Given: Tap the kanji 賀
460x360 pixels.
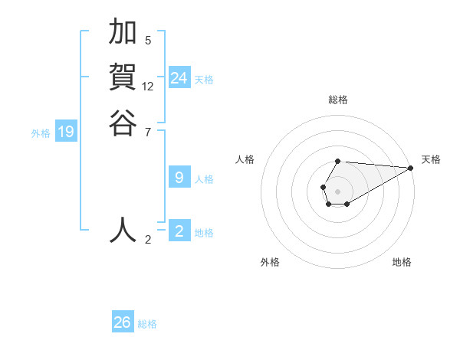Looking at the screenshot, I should pyautogui.click(x=123, y=77).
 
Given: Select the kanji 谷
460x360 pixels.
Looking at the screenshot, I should pyautogui.click(x=123, y=122).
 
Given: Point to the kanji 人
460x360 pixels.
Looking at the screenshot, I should pyautogui.click(x=123, y=229).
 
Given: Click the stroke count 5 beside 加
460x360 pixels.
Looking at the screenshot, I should pyautogui.click(x=148, y=41).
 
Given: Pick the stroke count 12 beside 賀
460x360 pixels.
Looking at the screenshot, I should pyautogui.click(x=148, y=87).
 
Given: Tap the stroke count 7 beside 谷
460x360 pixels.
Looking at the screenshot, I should pyautogui.click(x=148, y=132).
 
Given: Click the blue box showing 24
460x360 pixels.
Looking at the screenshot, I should pyautogui.click(x=179, y=78).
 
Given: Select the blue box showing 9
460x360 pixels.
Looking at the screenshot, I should pyautogui.click(x=179, y=178).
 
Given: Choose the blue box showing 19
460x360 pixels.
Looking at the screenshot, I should pyautogui.click(x=66, y=132).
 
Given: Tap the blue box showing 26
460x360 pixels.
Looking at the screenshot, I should pyautogui.click(x=123, y=322).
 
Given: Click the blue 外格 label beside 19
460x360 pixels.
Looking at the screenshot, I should pyautogui.click(x=41, y=133).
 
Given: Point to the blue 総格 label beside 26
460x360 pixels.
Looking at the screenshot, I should pyautogui.click(x=147, y=324).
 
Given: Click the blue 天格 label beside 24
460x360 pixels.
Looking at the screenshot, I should pyautogui.click(x=204, y=80).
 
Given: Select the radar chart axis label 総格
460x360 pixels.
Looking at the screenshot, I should pyautogui.click(x=338, y=100).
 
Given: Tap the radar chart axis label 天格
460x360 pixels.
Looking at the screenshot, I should pyautogui.click(x=431, y=159).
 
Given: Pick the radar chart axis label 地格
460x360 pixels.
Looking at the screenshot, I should pyautogui.click(x=402, y=262).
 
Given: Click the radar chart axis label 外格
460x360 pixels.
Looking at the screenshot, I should pyautogui.click(x=270, y=262).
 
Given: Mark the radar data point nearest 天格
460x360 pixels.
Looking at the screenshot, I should pyautogui.click(x=411, y=168).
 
